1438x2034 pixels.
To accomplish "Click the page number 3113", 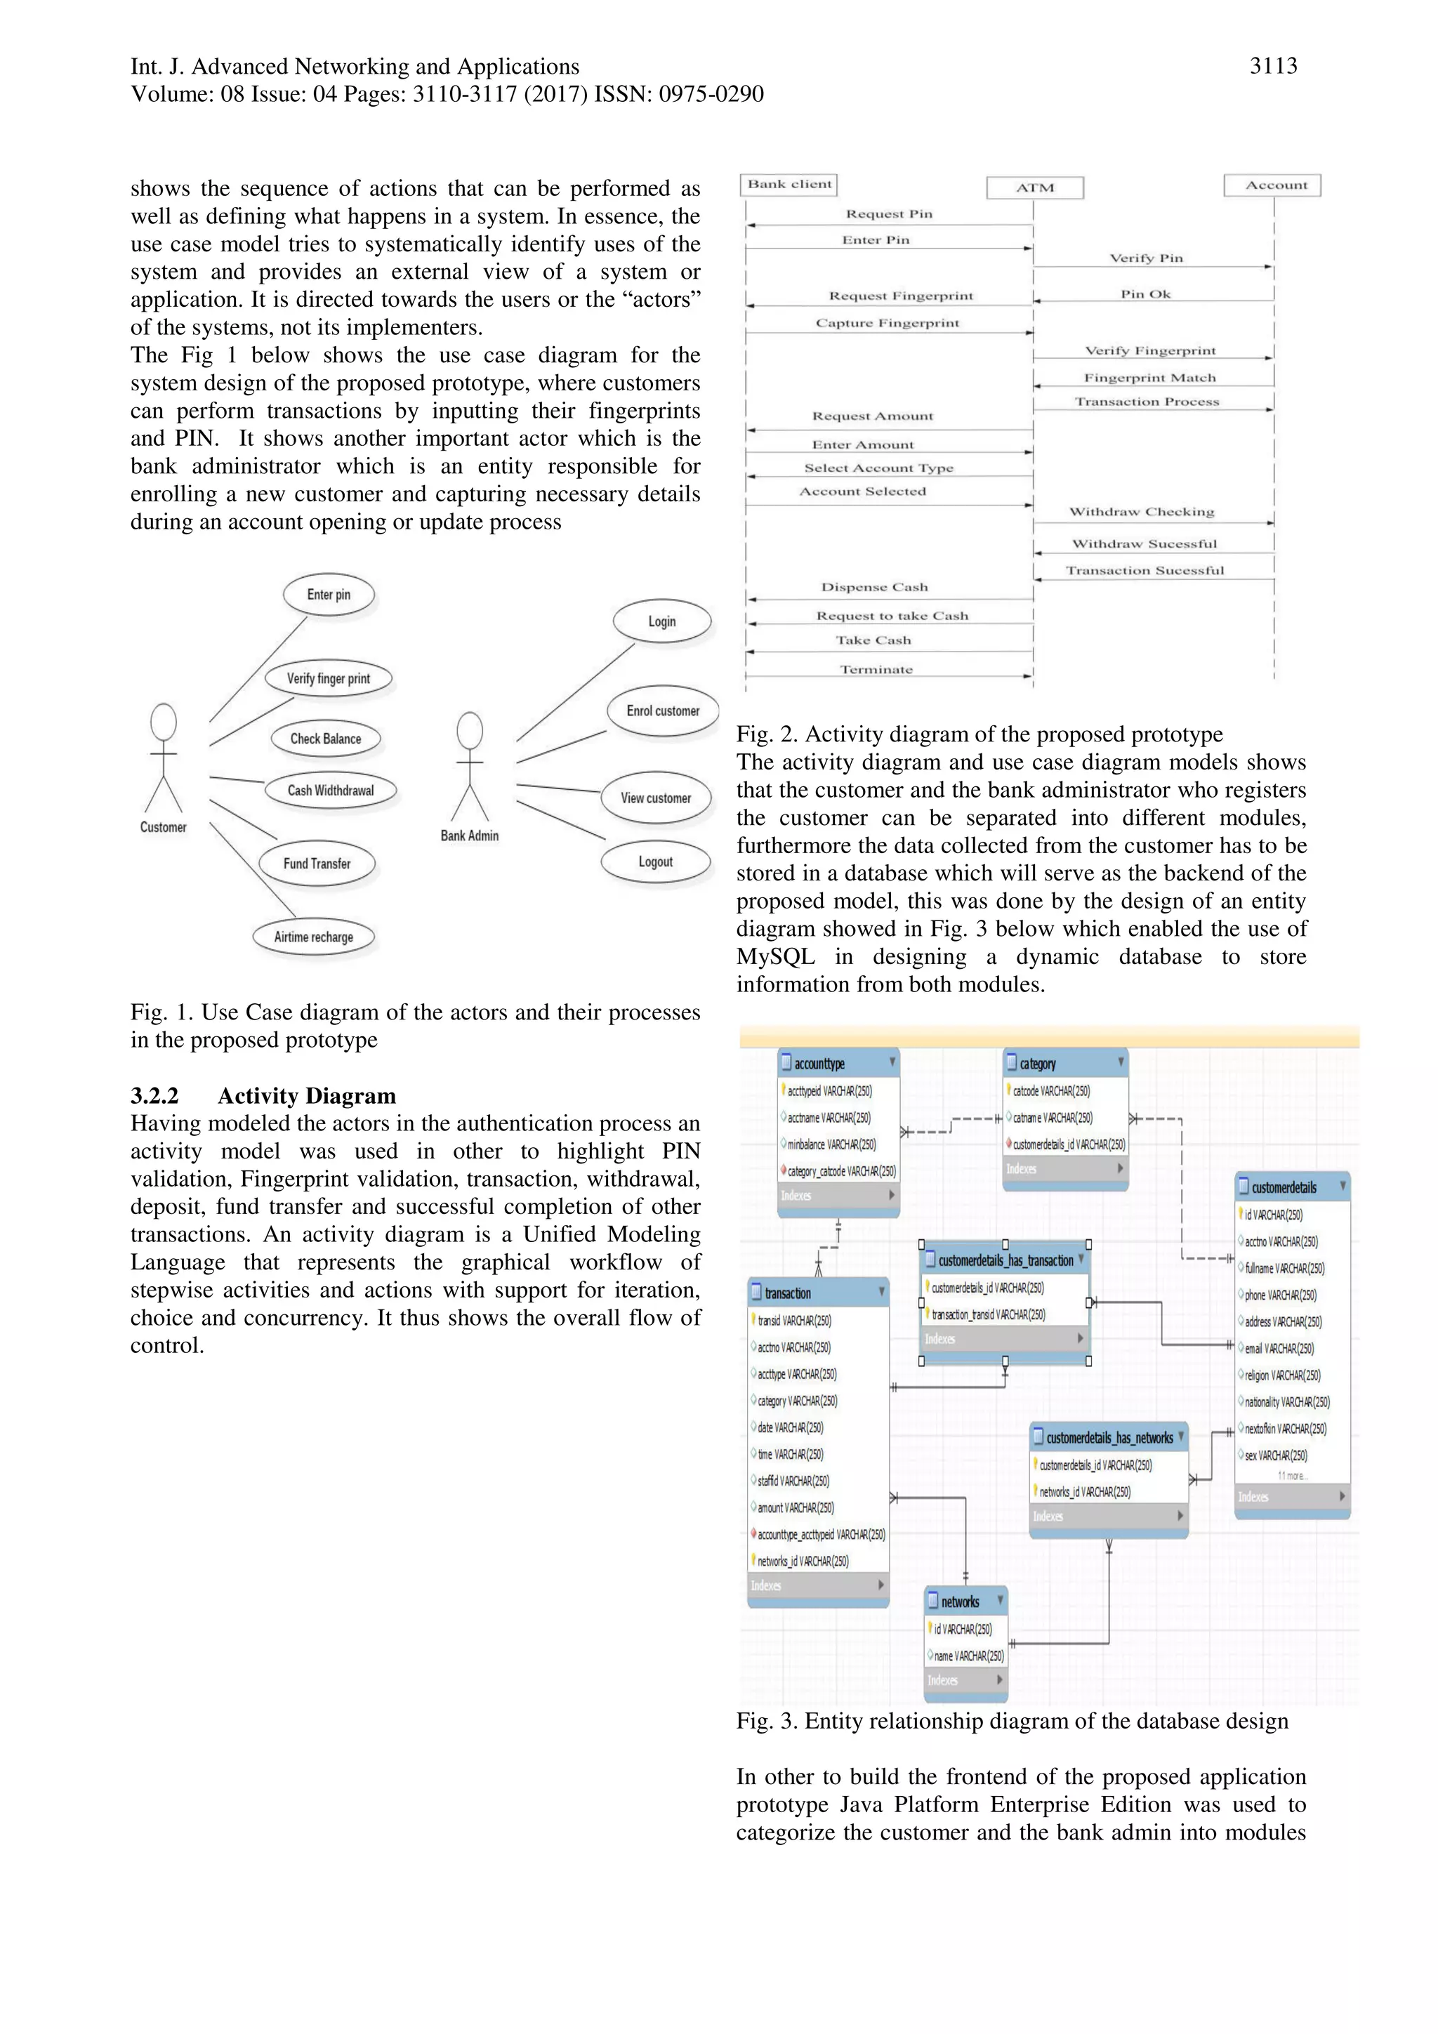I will coord(1272,65).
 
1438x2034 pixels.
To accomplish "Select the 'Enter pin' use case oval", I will coord(329,595).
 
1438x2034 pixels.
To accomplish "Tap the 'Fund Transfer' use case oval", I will coord(317,864).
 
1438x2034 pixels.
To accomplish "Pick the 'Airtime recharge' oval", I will coord(314,937).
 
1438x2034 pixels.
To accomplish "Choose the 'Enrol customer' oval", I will coord(663,711).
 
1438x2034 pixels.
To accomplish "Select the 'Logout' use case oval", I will coord(656,862).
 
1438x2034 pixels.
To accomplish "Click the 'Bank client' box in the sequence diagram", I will coord(789,184).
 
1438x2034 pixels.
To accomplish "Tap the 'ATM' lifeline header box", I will coord(1035,187).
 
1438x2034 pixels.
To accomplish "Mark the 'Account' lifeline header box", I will coord(1276,185).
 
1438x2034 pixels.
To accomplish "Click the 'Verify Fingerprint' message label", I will coord(1150,351).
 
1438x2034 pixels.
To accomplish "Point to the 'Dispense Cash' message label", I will coord(874,588).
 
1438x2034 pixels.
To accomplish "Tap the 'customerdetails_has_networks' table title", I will coord(1109,1438).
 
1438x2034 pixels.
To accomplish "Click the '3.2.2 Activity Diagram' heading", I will coord(263,1096).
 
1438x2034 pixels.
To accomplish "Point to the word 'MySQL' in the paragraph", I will coord(775,957).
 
